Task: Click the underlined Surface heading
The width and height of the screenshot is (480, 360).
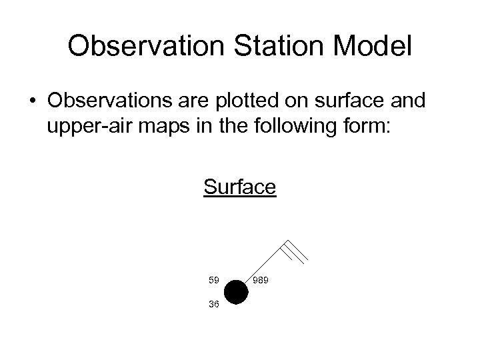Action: tap(239, 187)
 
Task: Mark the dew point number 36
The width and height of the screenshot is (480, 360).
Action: tap(213, 305)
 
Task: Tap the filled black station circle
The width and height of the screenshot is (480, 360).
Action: tap(236, 293)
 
